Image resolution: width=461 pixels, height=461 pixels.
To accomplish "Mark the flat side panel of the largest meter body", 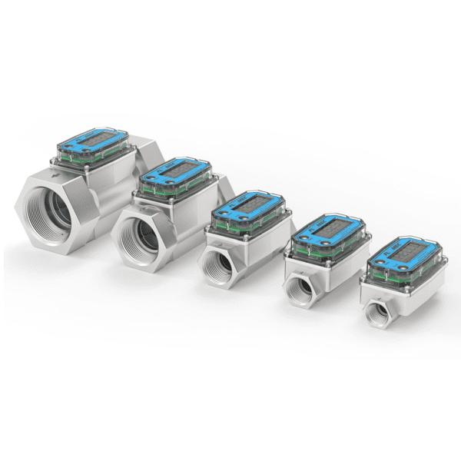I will coord(115,192).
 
